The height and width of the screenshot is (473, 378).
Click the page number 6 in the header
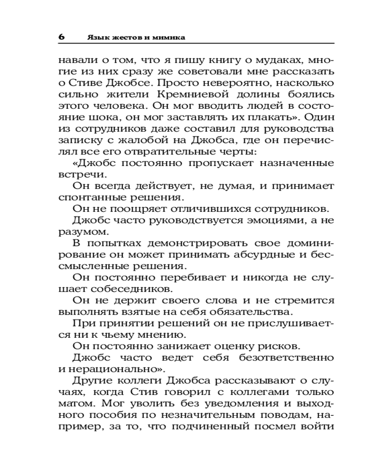[62, 37]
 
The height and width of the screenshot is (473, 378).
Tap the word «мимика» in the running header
[169, 37]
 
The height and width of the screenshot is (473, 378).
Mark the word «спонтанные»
[93, 197]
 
